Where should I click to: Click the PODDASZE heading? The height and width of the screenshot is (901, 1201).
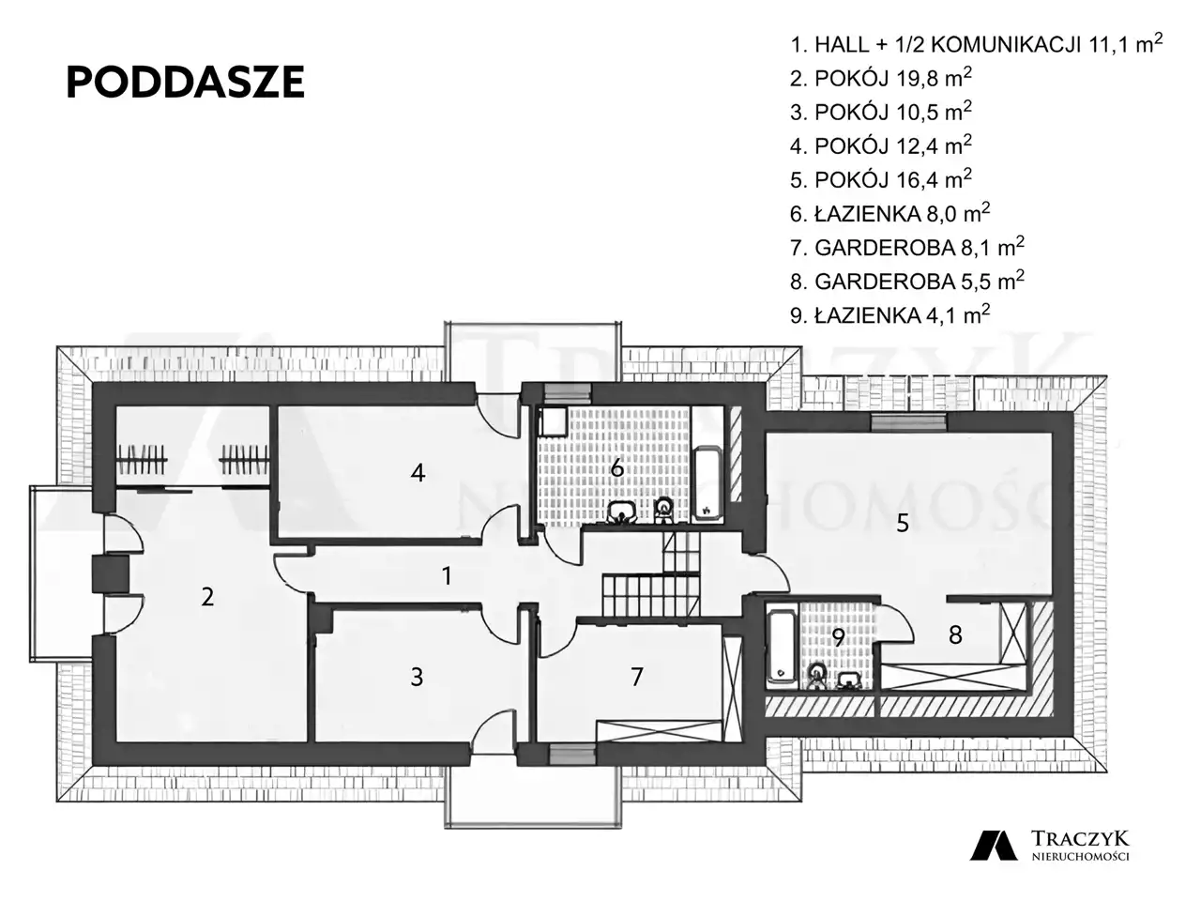tap(185, 83)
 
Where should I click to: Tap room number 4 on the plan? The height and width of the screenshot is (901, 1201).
tap(418, 473)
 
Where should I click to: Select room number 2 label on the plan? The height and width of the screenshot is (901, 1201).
tap(206, 597)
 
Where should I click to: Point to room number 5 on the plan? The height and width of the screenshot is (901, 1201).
tap(903, 524)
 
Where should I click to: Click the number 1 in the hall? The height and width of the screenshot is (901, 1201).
tap(447, 576)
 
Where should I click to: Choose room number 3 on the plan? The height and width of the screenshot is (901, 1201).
tap(417, 678)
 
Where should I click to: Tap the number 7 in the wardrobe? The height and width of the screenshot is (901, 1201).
tap(636, 678)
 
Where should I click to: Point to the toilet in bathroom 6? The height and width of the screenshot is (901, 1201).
tap(664, 510)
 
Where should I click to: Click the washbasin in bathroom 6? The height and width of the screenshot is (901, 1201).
tap(621, 512)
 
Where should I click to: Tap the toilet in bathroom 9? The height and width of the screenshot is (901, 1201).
tap(817, 676)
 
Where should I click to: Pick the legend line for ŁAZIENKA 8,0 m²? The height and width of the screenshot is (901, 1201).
tap(889, 213)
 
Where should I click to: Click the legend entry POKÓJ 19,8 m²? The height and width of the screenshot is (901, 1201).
tap(880, 78)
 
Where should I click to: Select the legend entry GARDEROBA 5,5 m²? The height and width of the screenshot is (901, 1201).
tap(906, 280)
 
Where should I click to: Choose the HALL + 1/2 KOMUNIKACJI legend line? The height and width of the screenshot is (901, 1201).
tap(976, 44)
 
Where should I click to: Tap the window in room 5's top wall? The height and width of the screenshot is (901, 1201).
tap(909, 422)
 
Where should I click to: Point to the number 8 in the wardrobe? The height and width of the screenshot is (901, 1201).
tap(955, 635)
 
